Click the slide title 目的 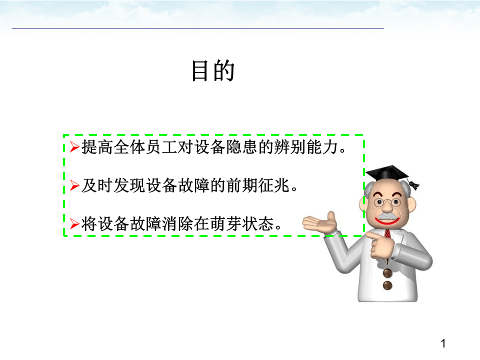(213, 71)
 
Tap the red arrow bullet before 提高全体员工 (74, 148)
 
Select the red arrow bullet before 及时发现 (74, 186)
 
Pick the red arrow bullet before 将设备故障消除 (74, 224)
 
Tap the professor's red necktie (387, 234)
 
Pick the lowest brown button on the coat (387, 285)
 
